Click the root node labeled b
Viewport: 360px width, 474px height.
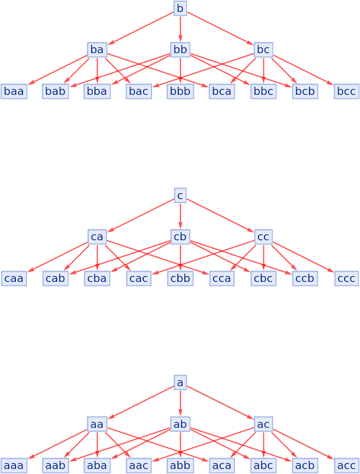pyautogui.click(x=180, y=8)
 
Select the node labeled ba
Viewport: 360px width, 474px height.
pyautogui.click(x=97, y=50)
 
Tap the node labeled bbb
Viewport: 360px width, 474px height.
pyautogui.click(x=180, y=92)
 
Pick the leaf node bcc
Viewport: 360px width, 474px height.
pyautogui.click(x=346, y=92)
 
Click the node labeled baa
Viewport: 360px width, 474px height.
pyautogui.click(x=14, y=92)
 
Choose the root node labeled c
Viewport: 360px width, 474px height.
pyautogui.click(x=180, y=195)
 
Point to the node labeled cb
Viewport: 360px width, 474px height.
pyautogui.click(x=180, y=237)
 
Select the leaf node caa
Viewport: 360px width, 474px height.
pyautogui.click(x=14, y=279)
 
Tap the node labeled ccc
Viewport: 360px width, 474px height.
pyautogui.click(x=346, y=279)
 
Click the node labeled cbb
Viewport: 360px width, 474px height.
pyautogui.click(x=180, y=279)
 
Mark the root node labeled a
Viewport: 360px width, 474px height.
pyautogui.click(x=180, y=382)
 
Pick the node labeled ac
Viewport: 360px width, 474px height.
pyautogui.click(x=263, y=424)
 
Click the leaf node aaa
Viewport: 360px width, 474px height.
pyautogui.click(x=14, y=466)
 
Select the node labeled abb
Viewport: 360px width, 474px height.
pyautogui.click(x=180, y=466)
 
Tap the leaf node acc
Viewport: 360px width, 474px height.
pyautogui.click(x=346, y=466)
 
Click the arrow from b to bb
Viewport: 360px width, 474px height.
pyautogui.click(x=180, y=29)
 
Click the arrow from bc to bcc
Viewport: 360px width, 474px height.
pyautogui.click(x=303, y=70)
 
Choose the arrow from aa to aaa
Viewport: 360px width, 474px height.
pyautogui.click(x=58, y=444)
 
